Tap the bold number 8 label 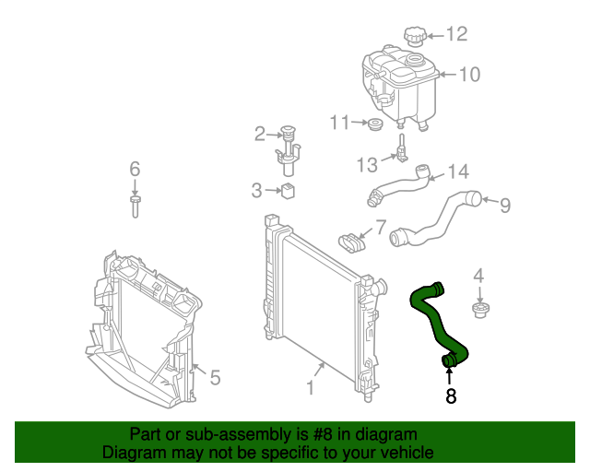click(x=451, y=397)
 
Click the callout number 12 click(x=457, y=35)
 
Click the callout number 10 click(x=469, y=75)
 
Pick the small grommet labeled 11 click(x=375, y=124)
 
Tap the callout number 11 click(x=340, y=123)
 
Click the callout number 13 click(x=367, y=165)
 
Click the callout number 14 click(x=458, y=171)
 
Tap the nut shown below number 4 click(x=478, y=309)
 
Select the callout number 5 click(x=215, y=377)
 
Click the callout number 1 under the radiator click(x=311, y=389)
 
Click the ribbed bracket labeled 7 click(x=350, y=242)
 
